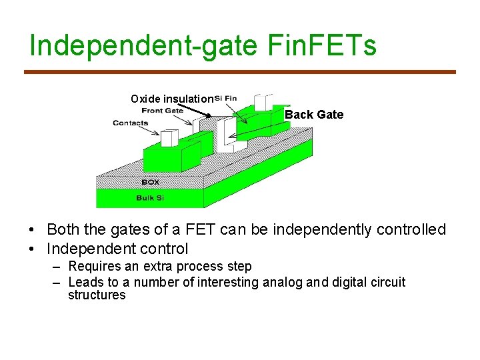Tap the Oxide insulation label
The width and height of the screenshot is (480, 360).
click(x=172, y=99)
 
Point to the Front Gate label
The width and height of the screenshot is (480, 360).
click(x=163, y=111)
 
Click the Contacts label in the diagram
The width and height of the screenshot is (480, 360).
click(x=131, y=123)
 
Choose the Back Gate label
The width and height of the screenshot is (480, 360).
click(x=314, y=115)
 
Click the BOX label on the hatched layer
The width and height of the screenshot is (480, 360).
click(x=151, y=182)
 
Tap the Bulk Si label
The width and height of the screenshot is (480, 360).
click(x=150, y=197)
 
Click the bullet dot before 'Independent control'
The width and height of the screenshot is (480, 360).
click(x=32, y=249)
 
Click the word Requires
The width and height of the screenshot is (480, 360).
click(x=94, y=267)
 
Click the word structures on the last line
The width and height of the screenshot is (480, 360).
click(x=97, y=295)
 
